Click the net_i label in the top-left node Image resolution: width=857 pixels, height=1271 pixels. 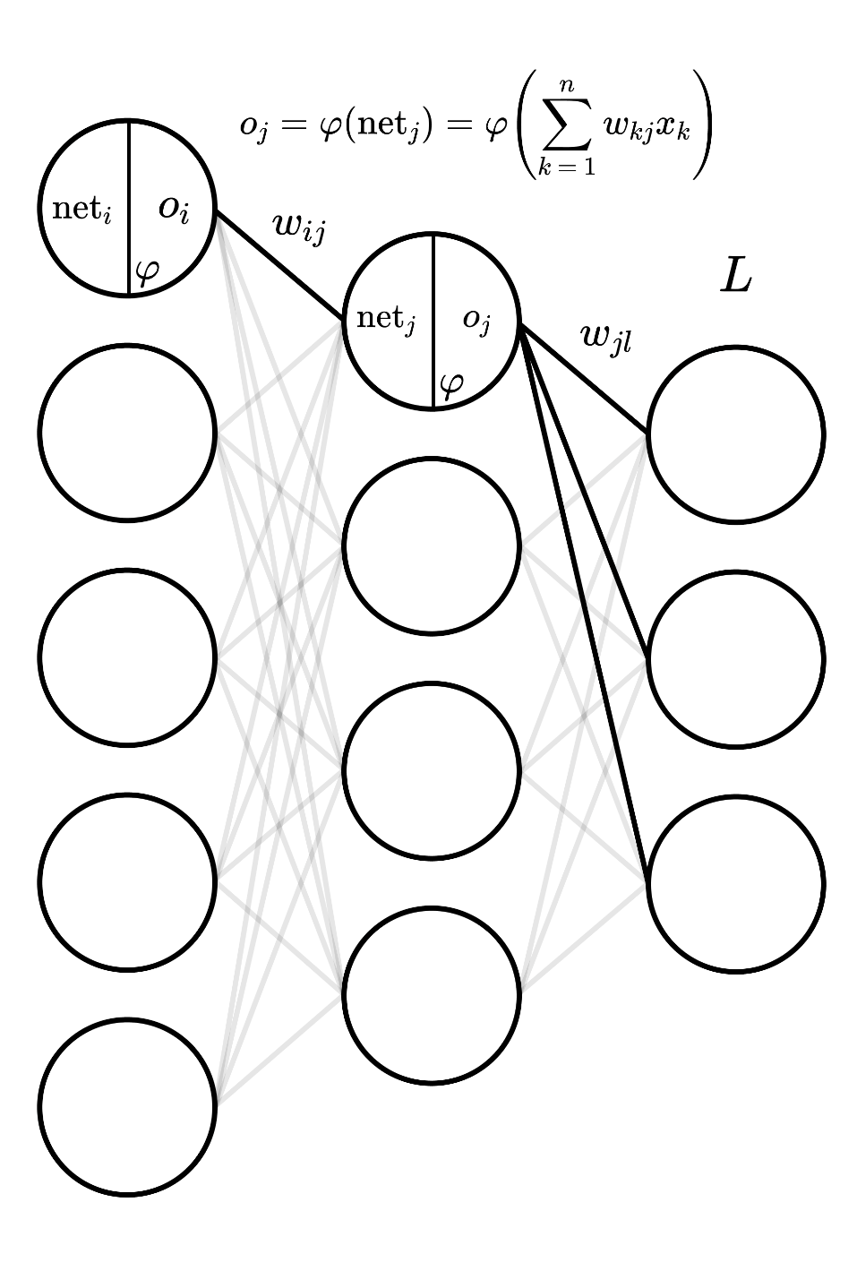[81, 210]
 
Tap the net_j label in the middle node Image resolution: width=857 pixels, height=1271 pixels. [386, 319]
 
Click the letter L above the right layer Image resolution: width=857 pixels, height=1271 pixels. [736, 278]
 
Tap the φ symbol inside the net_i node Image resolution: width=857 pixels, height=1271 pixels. [147, 273]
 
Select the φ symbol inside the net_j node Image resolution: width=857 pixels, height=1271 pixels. [451, 386]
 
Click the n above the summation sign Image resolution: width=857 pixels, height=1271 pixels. [567, 86]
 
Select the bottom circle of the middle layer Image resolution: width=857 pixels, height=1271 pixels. [432, 995]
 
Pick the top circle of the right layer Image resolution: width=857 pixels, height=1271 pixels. [736, 434]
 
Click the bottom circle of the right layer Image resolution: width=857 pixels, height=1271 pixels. [736, 884]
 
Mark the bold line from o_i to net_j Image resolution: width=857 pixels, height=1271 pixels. [279, 265]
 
